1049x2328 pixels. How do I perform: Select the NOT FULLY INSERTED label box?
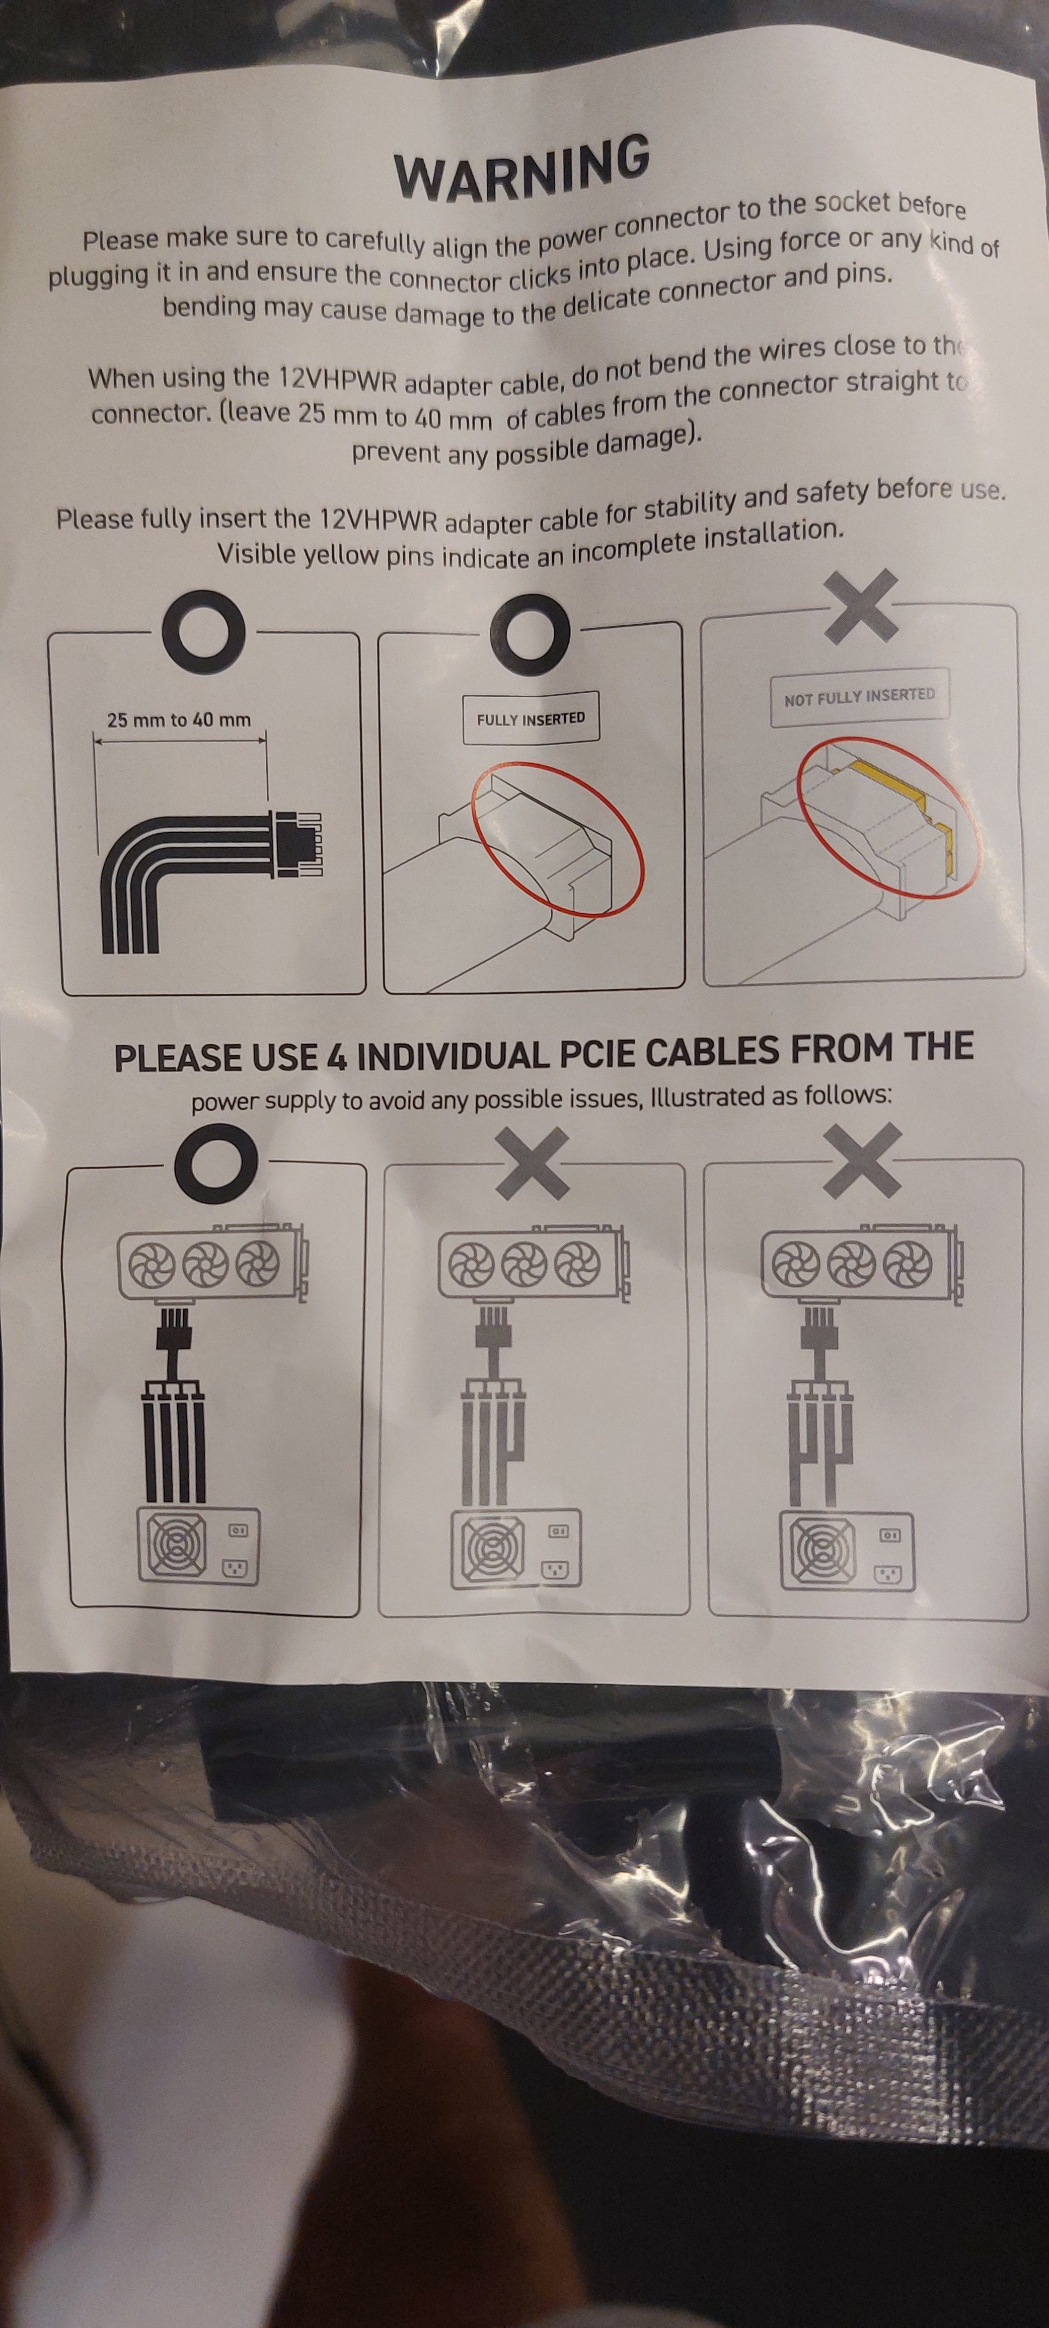click(x=859, y=697)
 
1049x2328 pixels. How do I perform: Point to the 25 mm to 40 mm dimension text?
click(x=179, y=720)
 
